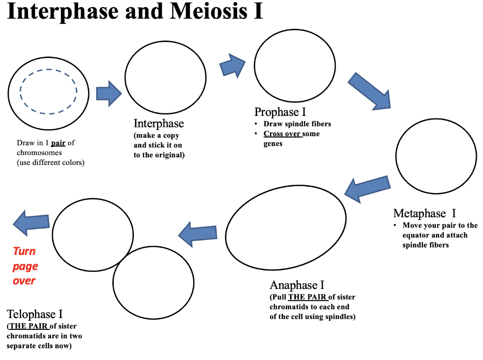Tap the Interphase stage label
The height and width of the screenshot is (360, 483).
[158, 123]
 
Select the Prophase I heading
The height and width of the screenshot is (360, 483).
[280, 112]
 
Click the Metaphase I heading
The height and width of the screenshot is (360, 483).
[425, 213]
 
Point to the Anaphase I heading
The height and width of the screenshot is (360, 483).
[297, 285]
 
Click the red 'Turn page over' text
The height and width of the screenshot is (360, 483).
[25, 266]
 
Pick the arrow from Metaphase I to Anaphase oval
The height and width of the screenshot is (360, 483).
[368, 188]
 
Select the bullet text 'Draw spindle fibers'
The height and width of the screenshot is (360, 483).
[297, 124]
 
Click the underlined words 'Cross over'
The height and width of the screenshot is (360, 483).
[282, 134]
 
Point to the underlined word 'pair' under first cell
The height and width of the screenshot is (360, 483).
[58, 143]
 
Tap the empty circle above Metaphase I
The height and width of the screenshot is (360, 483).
[436, 156]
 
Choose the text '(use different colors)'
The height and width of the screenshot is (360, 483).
[50, 163]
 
